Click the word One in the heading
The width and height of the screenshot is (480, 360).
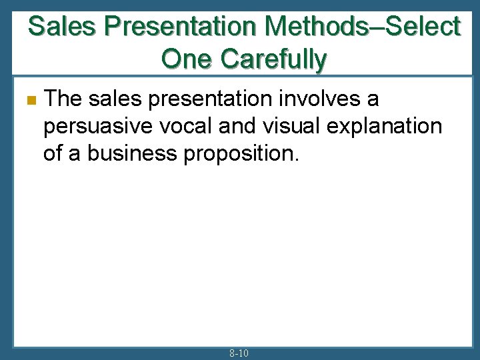(187, 59)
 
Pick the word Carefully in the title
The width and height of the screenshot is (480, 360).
(273, 59)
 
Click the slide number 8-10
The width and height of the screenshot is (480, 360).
(239, 353)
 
